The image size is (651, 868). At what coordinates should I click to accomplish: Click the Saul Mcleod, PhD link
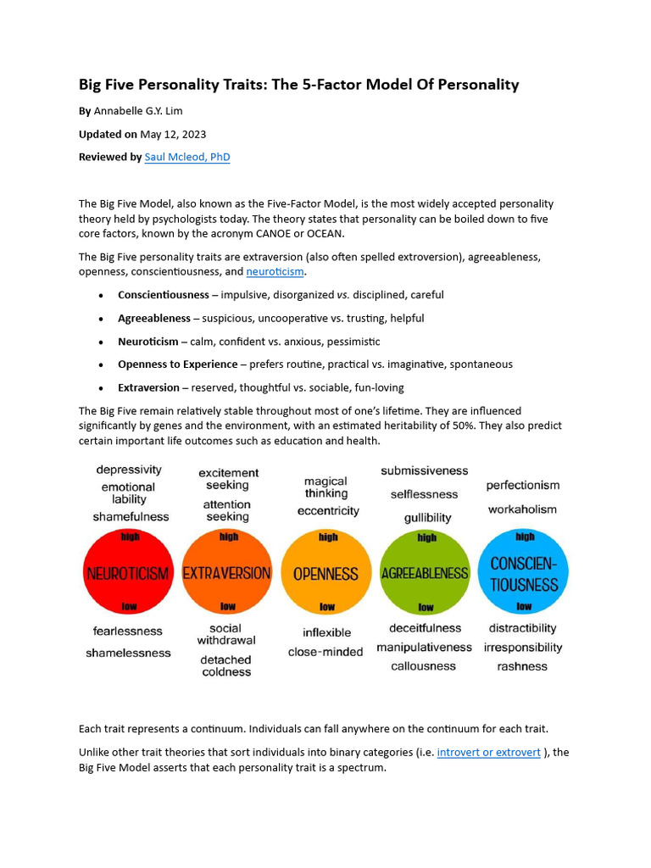(187, 157)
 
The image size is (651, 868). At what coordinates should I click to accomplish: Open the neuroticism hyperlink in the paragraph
(275, 272)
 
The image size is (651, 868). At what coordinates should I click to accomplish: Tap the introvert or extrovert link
(488, 752)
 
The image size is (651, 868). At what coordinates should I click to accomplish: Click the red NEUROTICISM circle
(127, 573)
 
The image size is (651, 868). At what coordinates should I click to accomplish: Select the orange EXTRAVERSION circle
(227, 573)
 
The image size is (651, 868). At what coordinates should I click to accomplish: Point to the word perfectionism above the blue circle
(523, 486)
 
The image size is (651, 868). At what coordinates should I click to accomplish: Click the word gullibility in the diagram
(427, 517)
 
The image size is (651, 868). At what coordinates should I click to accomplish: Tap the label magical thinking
(326, 487)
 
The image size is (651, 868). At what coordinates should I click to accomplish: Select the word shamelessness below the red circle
(128, 653)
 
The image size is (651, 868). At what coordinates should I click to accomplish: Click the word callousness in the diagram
(423, 666)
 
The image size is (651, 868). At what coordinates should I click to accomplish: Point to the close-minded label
(325, 652)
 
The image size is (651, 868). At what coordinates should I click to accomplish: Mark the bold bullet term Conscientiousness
(163, 295)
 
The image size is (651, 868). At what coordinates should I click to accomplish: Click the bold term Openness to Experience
(177, 364)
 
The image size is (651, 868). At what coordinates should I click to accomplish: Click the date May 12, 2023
(173, 134)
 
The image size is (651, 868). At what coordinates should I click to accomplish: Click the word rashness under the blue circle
(522, 666)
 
